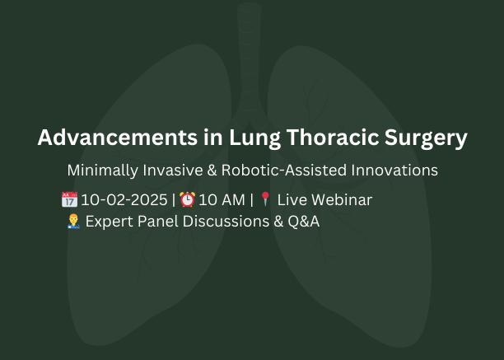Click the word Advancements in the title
point(117,138)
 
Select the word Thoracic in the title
point(333,138)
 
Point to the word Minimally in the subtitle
point(103,171)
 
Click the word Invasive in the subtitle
point(173,170)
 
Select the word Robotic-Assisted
point(284,170)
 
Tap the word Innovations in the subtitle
point(394,170)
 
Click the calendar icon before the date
point(69,199)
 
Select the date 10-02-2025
point(124,200)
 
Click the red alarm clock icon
point(187,199)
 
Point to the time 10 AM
point(222,200)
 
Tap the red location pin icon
point(265,199)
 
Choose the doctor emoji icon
point(73,221)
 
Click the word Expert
point(110,222)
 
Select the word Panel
point(157,222)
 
